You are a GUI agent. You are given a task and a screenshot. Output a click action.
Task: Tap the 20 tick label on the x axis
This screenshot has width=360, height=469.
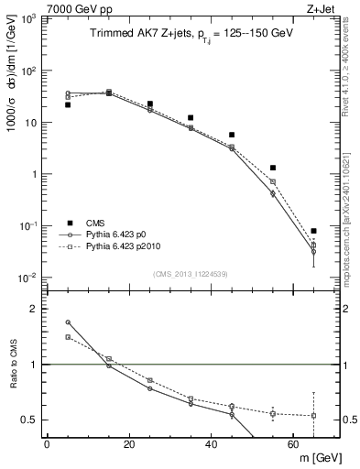click(128, 444)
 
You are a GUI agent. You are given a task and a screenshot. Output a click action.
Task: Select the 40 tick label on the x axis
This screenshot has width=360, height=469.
click(211, 444)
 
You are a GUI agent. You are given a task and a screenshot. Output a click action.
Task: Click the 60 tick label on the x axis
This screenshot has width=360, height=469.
click(293, 444)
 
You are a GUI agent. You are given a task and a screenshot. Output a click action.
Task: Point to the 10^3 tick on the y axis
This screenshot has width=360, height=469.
click(29, 19)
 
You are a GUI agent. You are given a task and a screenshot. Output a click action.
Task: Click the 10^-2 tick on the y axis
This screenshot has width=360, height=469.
click(29, 278)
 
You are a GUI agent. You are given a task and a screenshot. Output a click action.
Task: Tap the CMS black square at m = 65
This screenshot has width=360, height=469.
click(313, 231)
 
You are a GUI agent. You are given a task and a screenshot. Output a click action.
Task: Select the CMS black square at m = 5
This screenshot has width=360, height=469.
click(68, 104)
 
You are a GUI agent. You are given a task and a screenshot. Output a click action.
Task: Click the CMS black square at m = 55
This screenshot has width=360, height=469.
click(273, 168)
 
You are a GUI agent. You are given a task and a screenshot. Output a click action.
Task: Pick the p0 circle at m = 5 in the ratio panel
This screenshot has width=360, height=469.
click(68, 322)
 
